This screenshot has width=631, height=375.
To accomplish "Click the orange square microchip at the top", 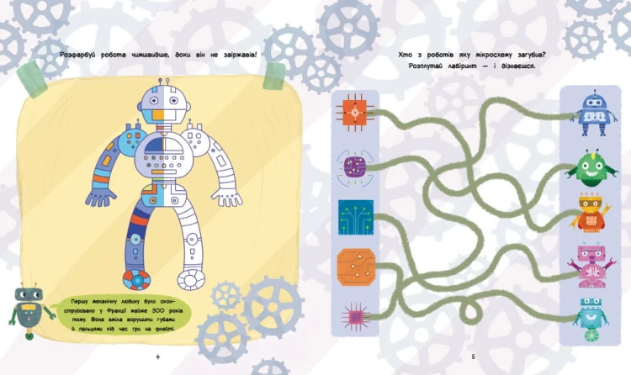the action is point(355,113).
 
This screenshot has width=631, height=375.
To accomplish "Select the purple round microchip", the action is point(355,168).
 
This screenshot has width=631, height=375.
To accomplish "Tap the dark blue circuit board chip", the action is point(356,217).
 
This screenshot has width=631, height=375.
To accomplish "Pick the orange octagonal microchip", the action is point(356,267).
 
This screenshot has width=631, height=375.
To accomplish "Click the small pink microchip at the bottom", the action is point(355,317).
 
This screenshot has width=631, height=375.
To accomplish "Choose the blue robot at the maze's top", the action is point(595,114).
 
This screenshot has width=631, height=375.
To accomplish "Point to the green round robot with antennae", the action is point(592,168).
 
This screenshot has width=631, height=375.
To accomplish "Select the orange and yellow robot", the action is point(591,213).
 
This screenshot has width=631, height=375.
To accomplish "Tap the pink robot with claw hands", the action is point(590,266).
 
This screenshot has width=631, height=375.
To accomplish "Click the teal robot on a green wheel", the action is point(591,320).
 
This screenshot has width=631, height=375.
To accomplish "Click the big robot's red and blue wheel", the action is point(136,279).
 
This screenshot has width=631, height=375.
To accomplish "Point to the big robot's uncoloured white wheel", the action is point(191,279).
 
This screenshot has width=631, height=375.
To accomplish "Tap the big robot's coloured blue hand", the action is point(99,197).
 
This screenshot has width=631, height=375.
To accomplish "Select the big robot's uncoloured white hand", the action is point(227,197).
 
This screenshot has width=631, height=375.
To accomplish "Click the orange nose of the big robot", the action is point(158,115).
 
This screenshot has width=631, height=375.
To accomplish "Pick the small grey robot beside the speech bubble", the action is point(29,310).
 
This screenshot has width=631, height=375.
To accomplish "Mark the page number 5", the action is point(473,357).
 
